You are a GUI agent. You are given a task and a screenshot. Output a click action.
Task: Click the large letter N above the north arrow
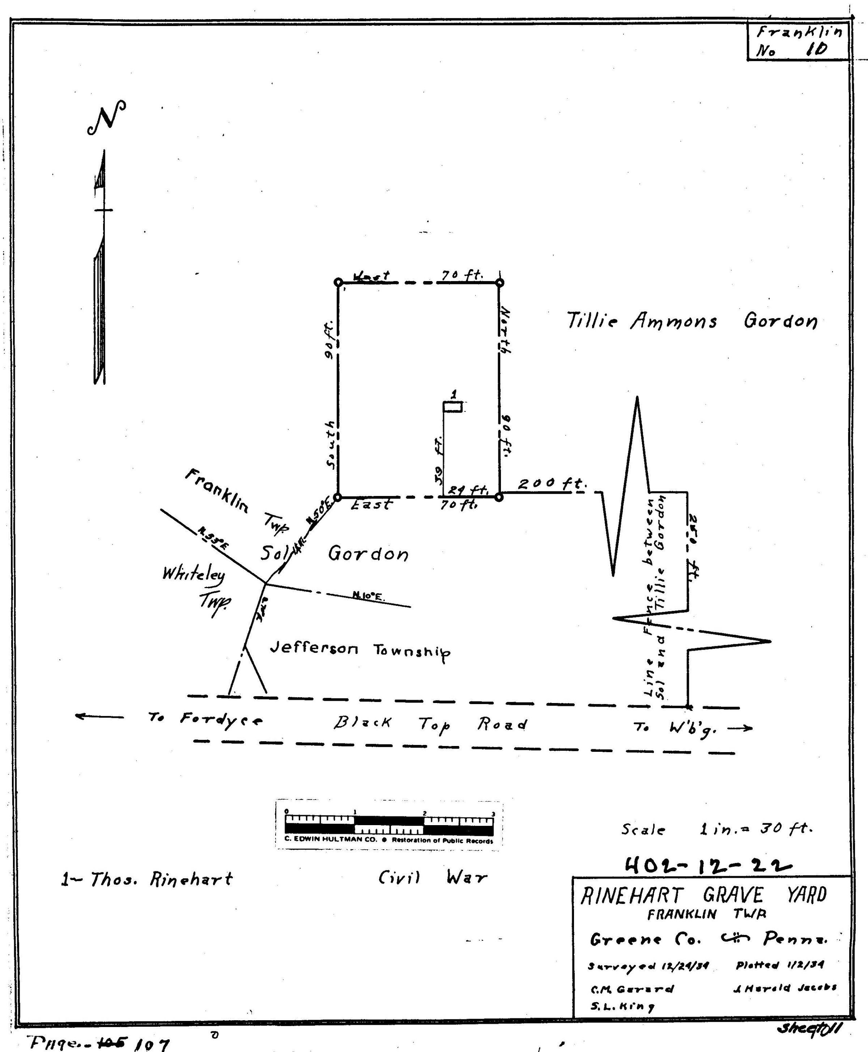tap(106, 118)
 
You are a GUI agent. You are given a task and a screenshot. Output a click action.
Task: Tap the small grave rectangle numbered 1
tap(453, 408)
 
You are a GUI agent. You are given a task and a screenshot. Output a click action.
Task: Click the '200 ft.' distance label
tap(551, 483)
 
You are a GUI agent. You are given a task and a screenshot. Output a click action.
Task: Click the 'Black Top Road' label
tap(430, 724)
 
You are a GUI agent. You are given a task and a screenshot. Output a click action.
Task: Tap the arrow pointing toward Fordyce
tap(99, 717)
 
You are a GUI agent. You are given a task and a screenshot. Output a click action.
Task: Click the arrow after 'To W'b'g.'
tap(740, 728)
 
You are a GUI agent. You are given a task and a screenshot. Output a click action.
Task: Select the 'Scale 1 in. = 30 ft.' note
tap(717, 829)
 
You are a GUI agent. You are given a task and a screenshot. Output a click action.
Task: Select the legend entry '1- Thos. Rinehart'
tap(147, 879)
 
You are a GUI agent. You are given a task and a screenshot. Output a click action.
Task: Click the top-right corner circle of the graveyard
tap(499, 283)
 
